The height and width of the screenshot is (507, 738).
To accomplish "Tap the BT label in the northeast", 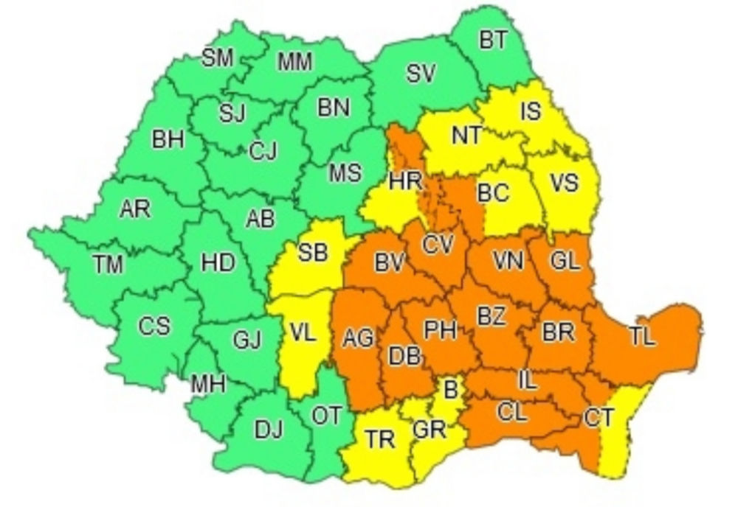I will click(493, 40).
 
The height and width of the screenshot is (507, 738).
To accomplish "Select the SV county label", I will click(421, 74).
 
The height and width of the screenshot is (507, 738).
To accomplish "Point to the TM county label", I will click(108, 265).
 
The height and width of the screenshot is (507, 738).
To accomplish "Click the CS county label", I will click(154, 326).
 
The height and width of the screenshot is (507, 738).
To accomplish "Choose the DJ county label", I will click(268, 430).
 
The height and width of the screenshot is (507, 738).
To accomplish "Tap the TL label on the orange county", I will click(642, 337).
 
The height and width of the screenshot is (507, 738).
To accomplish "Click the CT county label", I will click(598, 418).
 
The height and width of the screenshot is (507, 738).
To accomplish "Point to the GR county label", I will click(429, 428).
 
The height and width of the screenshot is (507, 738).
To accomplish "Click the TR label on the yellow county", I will click(379, 439).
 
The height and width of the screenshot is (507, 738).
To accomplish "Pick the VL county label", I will click(303, 332).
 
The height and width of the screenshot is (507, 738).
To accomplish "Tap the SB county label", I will click(312, 253).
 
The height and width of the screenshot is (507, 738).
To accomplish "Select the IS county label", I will click(530, 111).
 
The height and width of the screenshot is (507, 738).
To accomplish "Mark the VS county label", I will click(564, 182).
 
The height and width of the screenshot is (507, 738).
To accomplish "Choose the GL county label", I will click(565, 260).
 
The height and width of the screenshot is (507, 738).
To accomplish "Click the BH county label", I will click(168, 140).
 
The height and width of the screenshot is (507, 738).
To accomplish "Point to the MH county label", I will click(207, 384).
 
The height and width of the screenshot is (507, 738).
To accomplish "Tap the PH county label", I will click(440, 329).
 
